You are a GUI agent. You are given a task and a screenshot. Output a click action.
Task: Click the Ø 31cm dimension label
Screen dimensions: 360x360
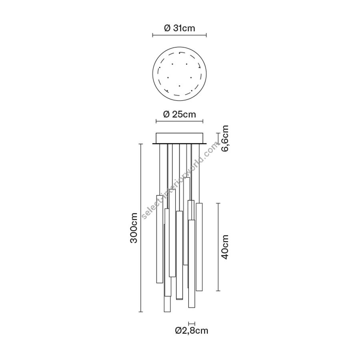[x=180, y=28]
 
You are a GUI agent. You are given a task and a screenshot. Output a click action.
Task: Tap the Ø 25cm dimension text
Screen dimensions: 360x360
[x=180, y=114]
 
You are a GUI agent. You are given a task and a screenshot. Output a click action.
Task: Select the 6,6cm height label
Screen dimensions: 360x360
[x=225, y=138]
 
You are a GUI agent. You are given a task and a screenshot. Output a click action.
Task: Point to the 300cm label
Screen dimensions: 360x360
[x=134, y=228]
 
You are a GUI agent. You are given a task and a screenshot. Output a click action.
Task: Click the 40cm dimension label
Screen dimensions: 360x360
[x=225, y=247]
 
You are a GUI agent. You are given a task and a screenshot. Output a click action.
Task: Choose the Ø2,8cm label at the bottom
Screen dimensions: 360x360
[x=192, y=330]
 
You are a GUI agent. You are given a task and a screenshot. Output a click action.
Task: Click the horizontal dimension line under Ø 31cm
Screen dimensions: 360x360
[x=180, y=35]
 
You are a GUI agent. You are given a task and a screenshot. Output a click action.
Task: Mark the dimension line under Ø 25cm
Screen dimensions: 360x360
[x=180, y=121]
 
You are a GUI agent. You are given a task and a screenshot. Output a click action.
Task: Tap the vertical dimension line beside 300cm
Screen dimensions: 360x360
[x=141, y=228]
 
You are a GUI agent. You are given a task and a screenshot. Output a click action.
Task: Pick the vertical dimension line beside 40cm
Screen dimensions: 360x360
[x=218, y=247]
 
